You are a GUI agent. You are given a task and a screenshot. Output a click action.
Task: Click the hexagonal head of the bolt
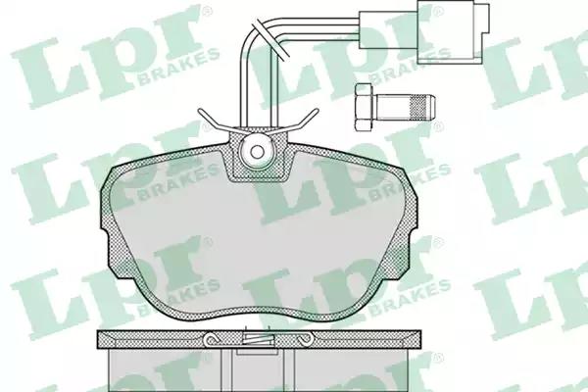click(x=365, y=107)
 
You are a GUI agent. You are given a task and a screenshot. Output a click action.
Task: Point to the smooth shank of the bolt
click(x=393, y=107)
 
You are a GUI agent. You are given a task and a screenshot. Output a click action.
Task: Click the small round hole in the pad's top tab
click(x=257, y=152)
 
